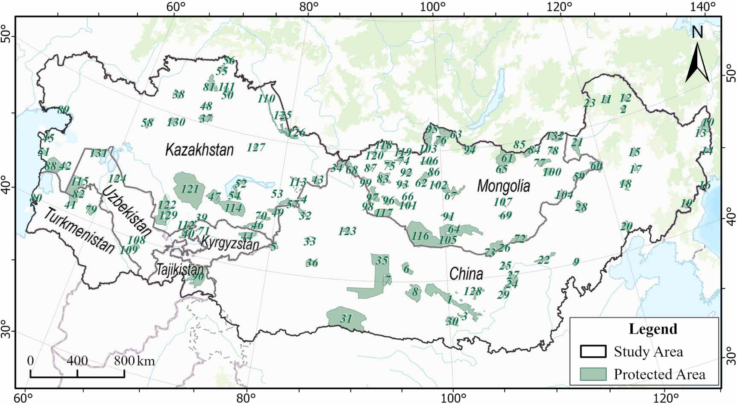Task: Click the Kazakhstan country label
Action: [x=200, y=150]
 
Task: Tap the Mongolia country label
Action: [x=503, y=186]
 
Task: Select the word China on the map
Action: [x=466, y=274]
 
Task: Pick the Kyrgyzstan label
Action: [x=229, y=243]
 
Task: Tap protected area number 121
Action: [x=190, y=189]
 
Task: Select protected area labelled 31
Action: [x=346, y=318]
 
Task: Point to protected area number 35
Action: [x=381, y=260]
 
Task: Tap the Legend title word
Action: [x=653, y=329]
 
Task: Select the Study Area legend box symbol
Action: [x=593, y=352]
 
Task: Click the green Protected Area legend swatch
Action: [x=593, y=374]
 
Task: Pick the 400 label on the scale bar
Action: [x=77, y=361]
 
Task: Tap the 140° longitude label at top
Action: [x=705, y=6]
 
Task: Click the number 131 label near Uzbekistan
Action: [x=98, y=153]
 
